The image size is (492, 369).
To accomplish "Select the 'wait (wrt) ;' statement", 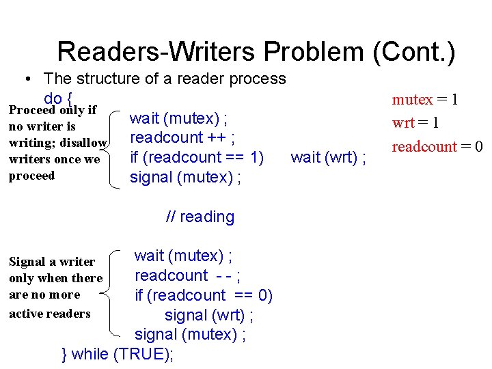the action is point(328,159).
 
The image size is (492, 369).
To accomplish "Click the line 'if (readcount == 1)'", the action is point(197,159).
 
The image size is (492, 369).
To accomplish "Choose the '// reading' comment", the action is point(200,217).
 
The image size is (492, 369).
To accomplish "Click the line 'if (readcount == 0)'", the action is point(203,296).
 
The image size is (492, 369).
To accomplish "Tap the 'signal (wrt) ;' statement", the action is point(210,316).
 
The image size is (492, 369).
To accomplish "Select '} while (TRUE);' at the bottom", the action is point(118,354).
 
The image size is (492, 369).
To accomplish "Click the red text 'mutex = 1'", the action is point(424,100).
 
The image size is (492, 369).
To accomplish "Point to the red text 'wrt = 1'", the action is point(415,123).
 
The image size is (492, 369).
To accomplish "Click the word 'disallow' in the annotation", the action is point(83,143).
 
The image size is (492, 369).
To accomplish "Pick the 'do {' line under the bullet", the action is point(58,97).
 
